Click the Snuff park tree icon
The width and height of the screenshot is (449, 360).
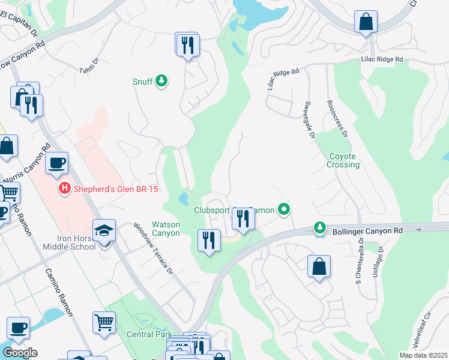click(x=161, y=80)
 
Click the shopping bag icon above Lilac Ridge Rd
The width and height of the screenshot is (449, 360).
click(x=365, y=23)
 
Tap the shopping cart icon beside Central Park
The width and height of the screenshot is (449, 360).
click(x=104, y=323)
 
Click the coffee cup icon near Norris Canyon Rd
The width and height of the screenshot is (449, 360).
click(x=56, y=163)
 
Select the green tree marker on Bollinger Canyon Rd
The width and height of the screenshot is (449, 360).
click(x=319, y=228)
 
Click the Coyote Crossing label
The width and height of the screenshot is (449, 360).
click(x=344, y=160)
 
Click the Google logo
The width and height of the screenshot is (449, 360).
click(x=19, y=353)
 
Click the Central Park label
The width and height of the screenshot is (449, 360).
click(x=149, y=334)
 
